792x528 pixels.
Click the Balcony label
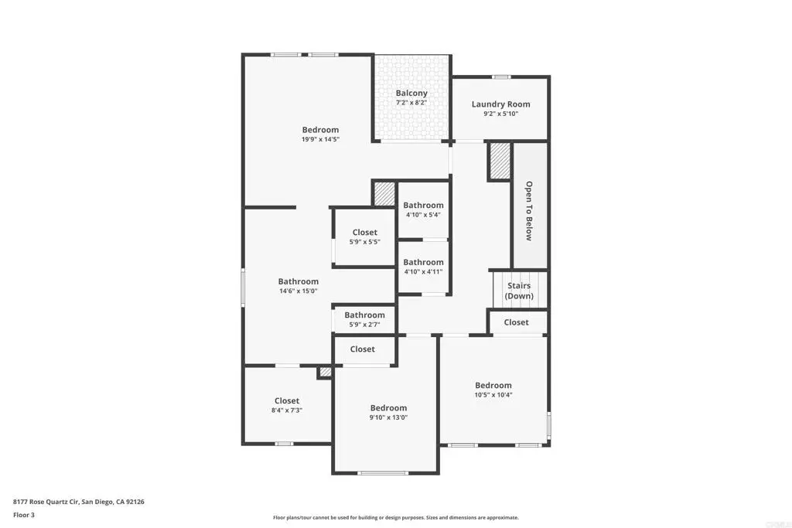411,93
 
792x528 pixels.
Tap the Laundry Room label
501,104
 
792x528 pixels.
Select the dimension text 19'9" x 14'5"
321,139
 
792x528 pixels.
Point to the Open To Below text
529,210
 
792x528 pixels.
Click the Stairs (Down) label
519,291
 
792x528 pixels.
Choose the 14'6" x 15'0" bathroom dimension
299,291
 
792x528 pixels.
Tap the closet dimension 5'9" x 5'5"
365,242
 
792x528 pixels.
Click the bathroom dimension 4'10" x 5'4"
423,215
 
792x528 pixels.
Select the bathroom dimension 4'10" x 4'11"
423,271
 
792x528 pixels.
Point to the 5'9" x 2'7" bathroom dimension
365,325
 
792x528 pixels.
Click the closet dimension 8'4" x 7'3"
287,410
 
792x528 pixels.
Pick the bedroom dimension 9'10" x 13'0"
388,417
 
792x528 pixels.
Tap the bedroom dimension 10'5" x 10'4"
493,395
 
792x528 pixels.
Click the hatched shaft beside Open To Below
500,161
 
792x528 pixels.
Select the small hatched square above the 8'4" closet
326,372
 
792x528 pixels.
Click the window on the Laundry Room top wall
501,77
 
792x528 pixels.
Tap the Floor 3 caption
24,515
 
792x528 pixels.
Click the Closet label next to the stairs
516,322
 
